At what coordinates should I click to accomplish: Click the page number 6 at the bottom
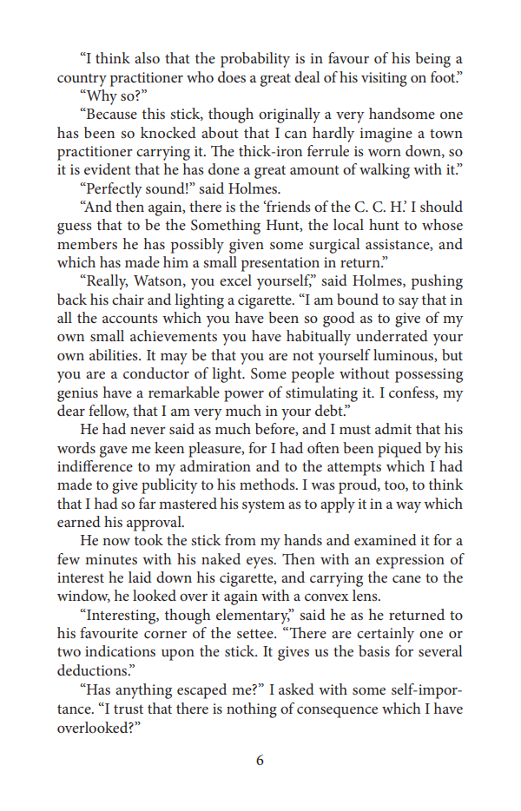click(x=260, y=761)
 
